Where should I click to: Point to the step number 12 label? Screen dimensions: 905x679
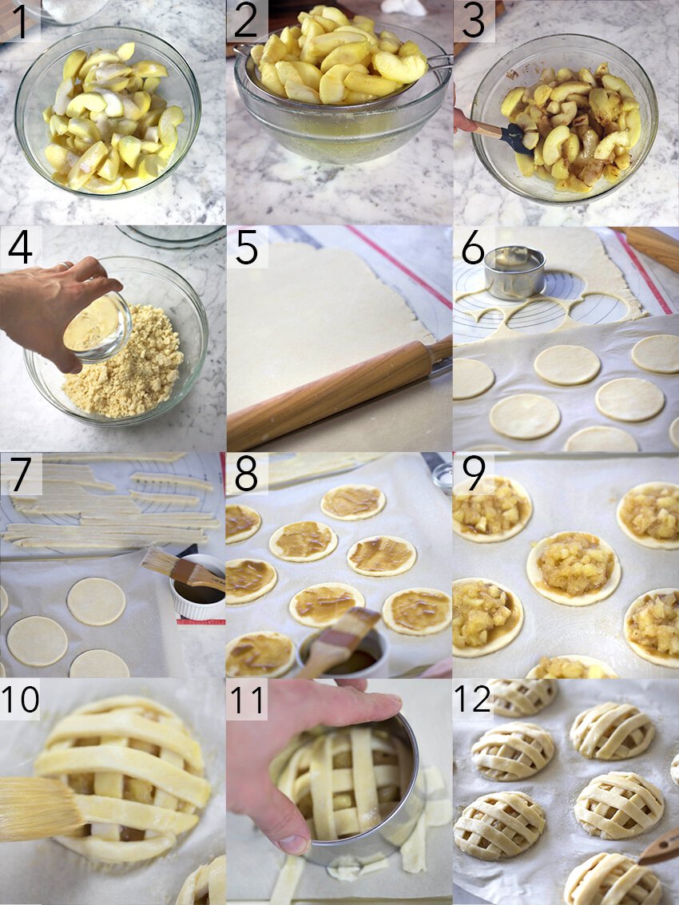click(471, 699)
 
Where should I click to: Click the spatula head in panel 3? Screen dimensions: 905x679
click(516, 138)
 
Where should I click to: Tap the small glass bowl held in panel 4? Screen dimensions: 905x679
click(97, 326)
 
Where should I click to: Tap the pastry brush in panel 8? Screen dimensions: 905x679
click(343, 639)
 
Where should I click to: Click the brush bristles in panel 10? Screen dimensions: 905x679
click(36, 808)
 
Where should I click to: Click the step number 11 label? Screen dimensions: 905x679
click(247, 699)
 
